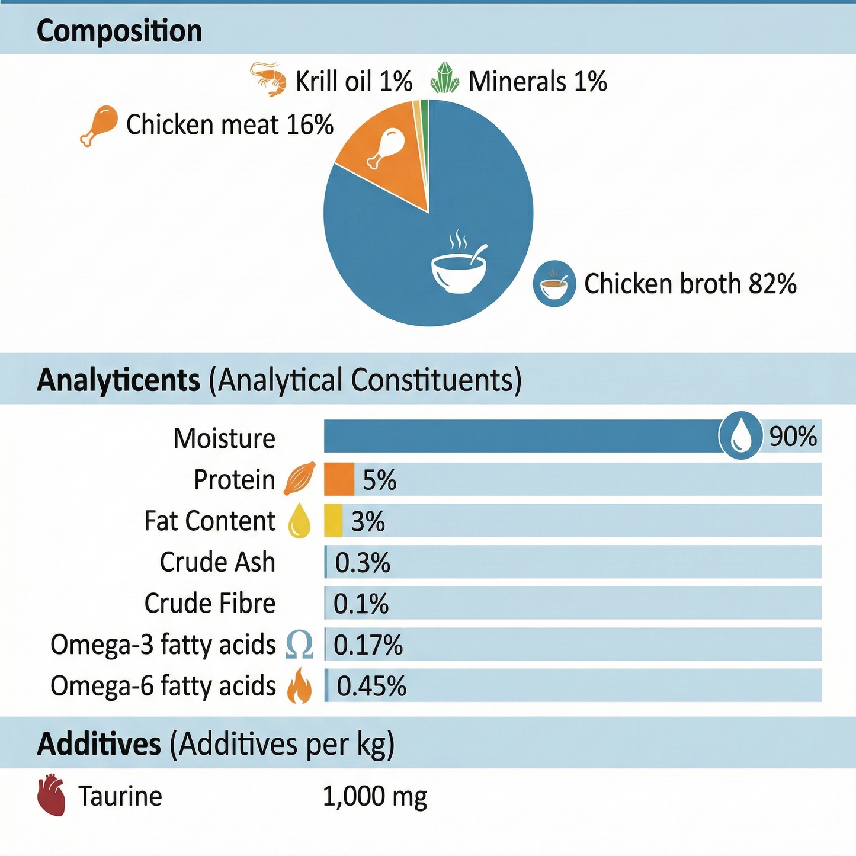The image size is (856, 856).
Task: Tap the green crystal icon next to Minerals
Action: (445, 79)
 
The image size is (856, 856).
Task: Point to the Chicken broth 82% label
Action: (690, 284)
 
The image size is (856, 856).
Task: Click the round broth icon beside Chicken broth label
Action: (554, 284)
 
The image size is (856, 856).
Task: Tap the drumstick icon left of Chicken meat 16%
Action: (98, 125)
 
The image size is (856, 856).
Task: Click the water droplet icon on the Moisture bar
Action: (740, 436)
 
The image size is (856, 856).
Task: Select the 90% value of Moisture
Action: (793, 437)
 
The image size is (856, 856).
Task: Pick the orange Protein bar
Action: (339, 479)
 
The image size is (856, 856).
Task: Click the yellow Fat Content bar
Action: (333, 521)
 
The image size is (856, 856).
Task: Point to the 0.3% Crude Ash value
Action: (363, 563)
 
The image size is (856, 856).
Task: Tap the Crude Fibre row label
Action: (210, 604)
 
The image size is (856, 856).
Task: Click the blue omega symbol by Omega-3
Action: (299, 645)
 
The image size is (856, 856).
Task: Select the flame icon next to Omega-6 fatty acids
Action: (299, 686)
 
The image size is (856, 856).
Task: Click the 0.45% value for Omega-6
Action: (371, 687)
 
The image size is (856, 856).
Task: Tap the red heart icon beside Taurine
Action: (52, 795)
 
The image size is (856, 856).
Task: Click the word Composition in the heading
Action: (119, 31)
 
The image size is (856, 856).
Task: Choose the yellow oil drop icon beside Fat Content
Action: (299, 521)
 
